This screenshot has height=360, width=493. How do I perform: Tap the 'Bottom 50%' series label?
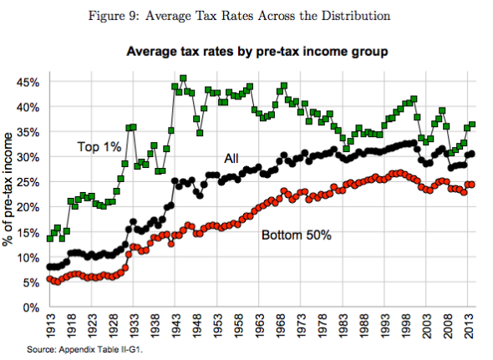(x=297, y=235)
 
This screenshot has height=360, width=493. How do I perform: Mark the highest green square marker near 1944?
(x=182, y=79)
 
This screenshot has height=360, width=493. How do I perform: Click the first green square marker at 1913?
(x=50, y=238)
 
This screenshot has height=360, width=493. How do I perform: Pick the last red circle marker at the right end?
(x=473, y=185)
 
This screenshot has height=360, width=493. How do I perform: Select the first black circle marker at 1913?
(x=50, y=266)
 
